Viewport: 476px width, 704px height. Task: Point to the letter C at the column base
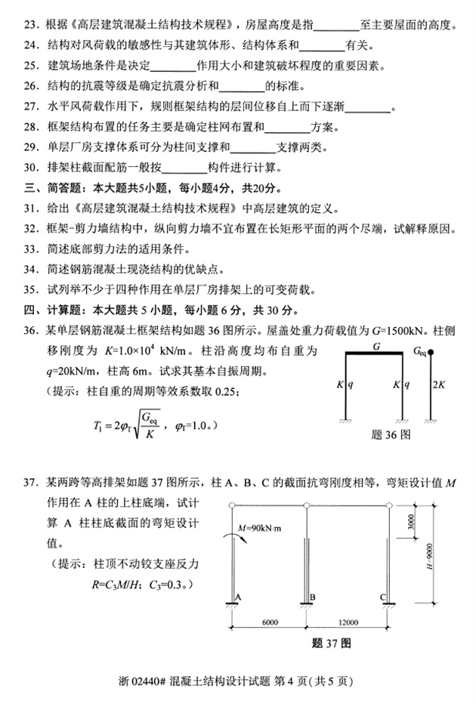pos(384,597)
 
